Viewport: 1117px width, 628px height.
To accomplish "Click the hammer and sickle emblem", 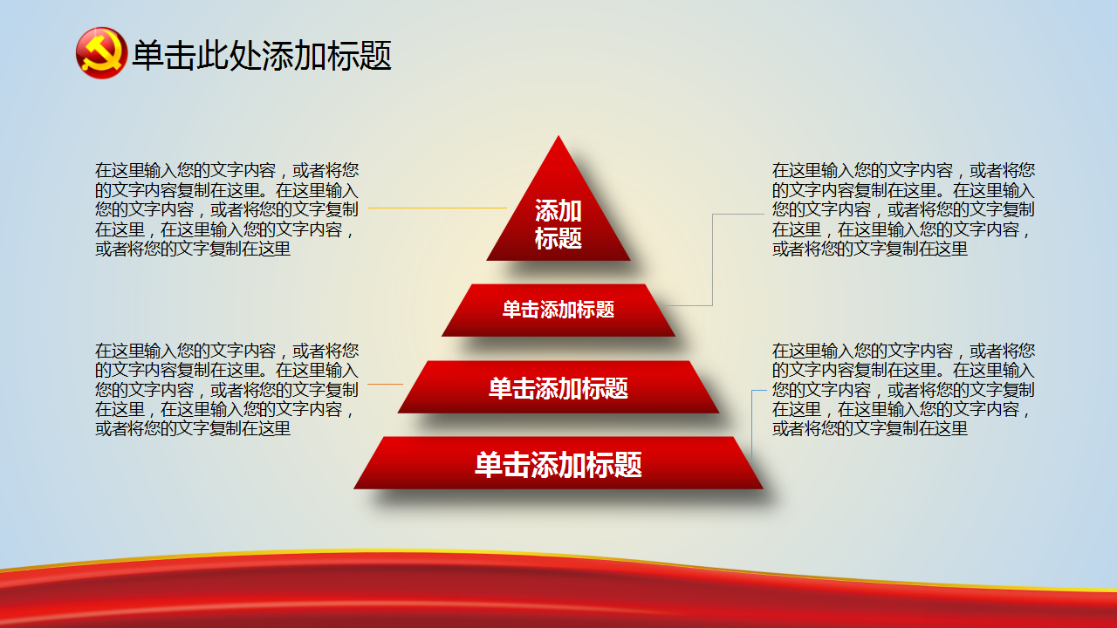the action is (x=101, y=53).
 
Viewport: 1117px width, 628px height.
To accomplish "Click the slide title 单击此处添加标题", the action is (x=262, y=55).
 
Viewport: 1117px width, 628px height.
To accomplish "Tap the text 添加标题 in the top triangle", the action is (x=558, y=224).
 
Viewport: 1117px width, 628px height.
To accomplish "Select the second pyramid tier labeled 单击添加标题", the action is (x=558, y=310).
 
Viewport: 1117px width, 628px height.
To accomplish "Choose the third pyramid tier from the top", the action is (x=558, y=386).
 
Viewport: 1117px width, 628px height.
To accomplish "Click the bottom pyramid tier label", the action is (x=558, y=465).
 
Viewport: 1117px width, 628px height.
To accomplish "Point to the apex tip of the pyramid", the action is (x=558, y=135).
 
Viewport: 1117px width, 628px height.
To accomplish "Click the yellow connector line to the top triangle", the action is (x=437, y=208).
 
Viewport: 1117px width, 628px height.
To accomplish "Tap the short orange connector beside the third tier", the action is (x=385, y=385).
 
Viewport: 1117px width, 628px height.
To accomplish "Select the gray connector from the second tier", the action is (x=713, y=259).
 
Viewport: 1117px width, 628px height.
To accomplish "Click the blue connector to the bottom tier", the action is (x=752, y=424).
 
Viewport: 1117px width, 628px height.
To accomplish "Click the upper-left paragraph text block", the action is (x=227, y=209).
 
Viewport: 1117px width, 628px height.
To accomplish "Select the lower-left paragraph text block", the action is (x=227, y=389).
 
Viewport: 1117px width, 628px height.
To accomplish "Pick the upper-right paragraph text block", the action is (x=903, y=209).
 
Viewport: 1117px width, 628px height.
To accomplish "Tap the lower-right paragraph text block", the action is (x=903, y=389).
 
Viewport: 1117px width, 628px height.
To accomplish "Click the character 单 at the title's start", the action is (x=148, y=55).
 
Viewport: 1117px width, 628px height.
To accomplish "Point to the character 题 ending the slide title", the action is (x=375, y=55).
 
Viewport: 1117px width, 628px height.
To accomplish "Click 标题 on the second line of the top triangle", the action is (x=558, y=238).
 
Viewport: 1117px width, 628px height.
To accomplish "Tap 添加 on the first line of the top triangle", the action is (x=558, y=210).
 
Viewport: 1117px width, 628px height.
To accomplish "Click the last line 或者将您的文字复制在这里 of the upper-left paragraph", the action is (x=193, y=249).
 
